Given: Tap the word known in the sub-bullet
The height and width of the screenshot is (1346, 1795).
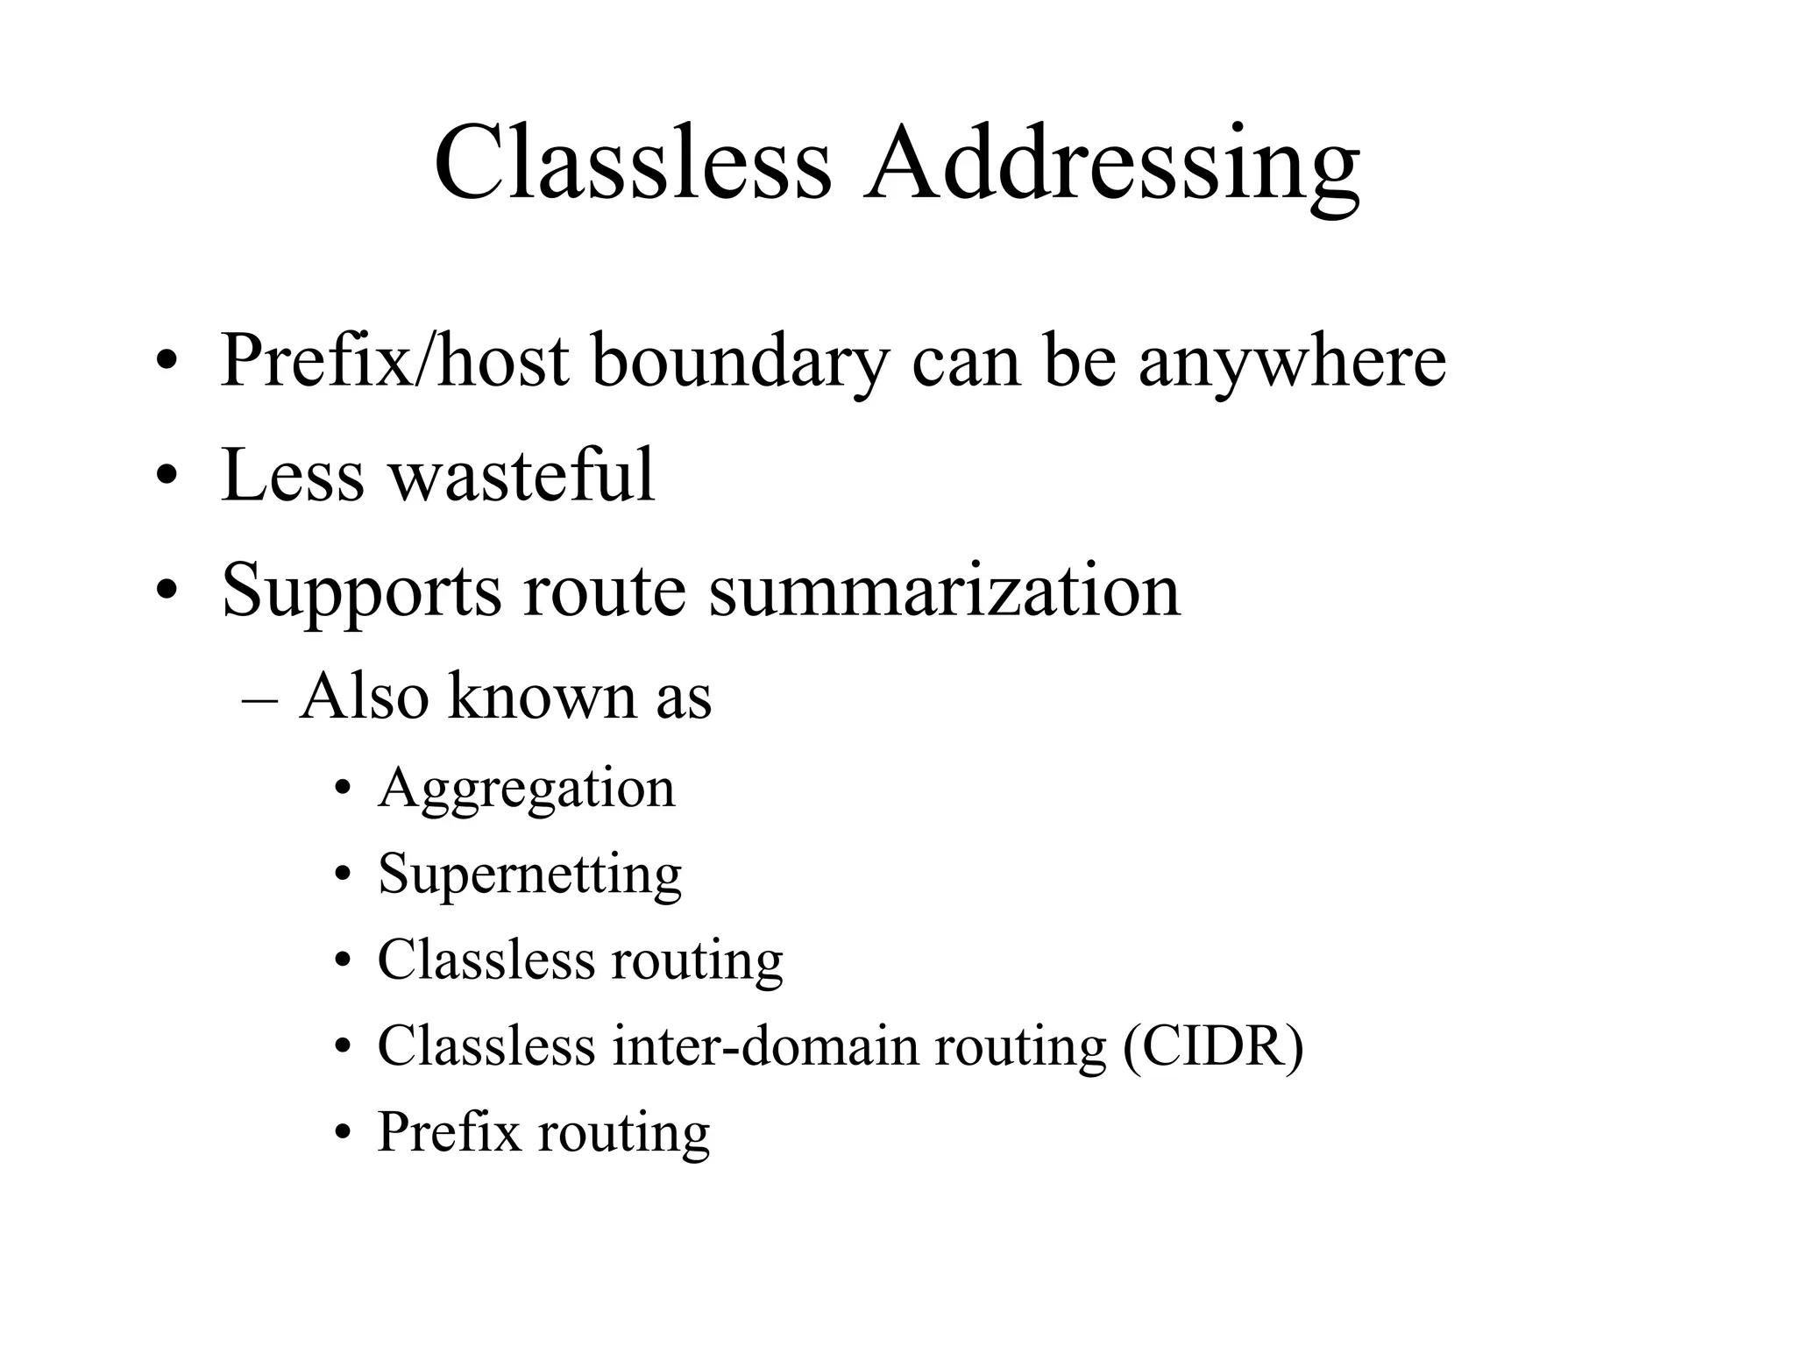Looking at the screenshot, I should point(543,698).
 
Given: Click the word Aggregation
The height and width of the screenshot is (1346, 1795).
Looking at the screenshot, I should point(527,789).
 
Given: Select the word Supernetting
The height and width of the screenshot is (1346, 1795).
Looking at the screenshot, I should point(529,875).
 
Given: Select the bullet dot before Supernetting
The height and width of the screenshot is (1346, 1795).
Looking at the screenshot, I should point(344,875).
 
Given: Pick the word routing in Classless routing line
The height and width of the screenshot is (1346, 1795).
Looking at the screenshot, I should point(697,960).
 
